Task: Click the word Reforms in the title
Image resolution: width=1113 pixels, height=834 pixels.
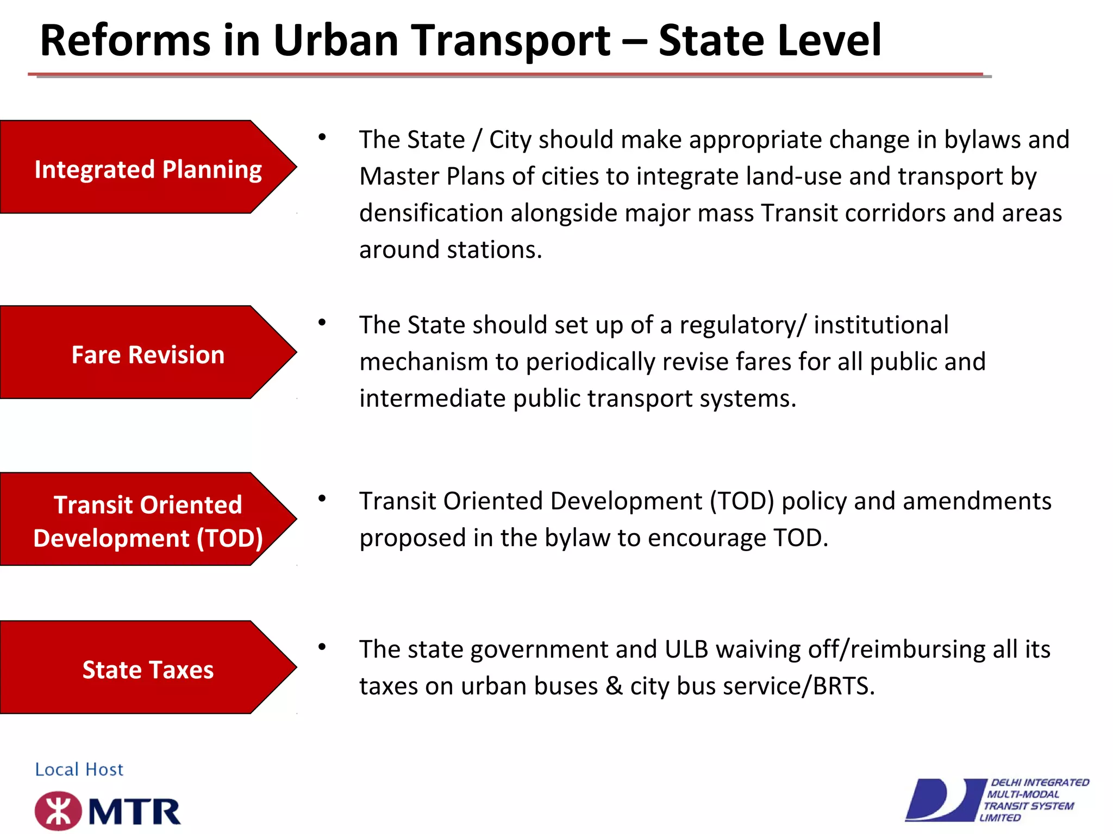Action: pyautogui.click(x=126, y=41)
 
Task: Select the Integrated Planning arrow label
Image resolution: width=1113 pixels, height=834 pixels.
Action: pyautogui.click(x=148, y=169)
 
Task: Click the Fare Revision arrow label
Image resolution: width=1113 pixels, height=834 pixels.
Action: pyautogui.click(x=148, y=355)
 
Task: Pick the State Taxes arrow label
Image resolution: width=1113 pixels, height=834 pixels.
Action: pyautogui.click(x=148, y=669)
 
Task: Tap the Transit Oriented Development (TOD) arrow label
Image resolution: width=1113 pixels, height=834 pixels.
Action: pyautogui.click(x=148, y=521)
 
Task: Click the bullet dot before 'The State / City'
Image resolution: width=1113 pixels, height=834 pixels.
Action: pyautogui.click(x=322, y=137)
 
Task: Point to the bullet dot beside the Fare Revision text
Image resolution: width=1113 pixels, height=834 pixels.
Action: pyautogui.click(x=322, y=323)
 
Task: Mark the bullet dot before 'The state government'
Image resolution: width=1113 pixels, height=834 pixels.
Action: pyautogui.click(x=322, y=647)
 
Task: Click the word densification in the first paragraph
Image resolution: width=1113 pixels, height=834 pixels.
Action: pyautogui.click(x=431, y=213)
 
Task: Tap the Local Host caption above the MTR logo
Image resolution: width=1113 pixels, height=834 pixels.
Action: pyautogui.click(x=79, y=769)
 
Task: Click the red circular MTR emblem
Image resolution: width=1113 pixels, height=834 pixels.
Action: pyautogui.click(x=58, y=811)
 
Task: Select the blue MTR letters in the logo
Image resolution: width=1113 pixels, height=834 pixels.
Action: pyautogui.click(x=134, y=812)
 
